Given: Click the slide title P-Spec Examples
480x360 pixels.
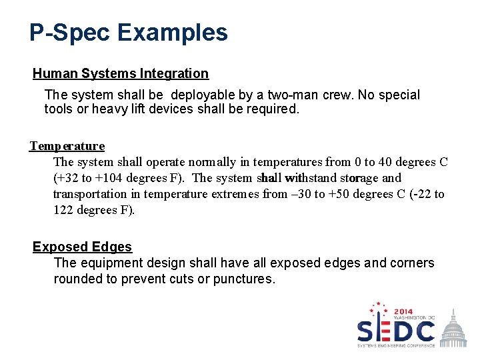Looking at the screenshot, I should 128,33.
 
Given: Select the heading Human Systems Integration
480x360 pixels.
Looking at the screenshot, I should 121,73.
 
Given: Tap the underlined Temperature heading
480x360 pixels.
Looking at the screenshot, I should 67,145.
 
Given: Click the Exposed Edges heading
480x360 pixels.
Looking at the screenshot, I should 82,247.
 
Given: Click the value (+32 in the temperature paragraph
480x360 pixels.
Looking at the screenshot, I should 65,178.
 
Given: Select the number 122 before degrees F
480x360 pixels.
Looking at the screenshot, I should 64,210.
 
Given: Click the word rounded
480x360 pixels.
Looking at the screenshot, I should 77,279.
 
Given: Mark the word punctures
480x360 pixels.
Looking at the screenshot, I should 243,279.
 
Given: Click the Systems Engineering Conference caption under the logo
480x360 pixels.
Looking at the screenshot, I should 396,345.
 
